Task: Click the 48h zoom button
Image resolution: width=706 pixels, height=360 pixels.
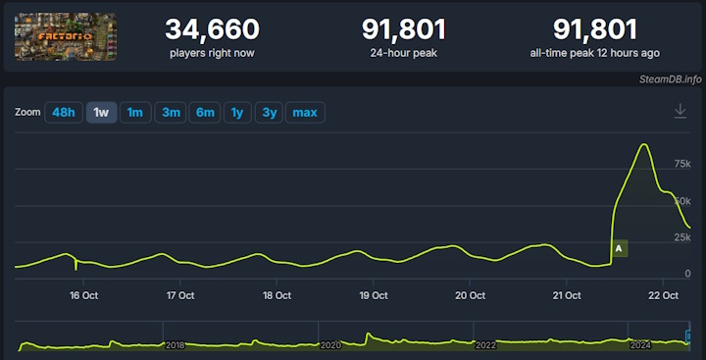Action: pyautogui.click(x=64, y=113)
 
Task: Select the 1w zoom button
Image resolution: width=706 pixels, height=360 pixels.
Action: pyautogui.click(x=101, y=113)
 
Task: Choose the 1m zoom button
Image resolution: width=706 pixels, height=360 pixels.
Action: pyautogui.click(x=135, y=113)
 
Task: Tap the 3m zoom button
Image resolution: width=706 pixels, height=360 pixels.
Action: pyautogui.click(x=172, y=113)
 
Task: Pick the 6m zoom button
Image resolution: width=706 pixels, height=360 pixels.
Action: pyautogui.click(x=205, y=113)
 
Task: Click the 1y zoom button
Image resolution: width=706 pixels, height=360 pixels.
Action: pyautogui.click(x=236, y=113)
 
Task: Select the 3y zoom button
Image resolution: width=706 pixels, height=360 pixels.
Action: pyautogui.click(x=268, y=113)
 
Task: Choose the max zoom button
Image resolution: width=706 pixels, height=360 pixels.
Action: pyautogui.click(x=305, y=113)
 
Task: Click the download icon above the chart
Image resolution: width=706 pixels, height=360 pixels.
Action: pyautogui.click(x=681, y=112)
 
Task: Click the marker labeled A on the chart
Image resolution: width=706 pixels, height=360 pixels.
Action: pyautogui.click(x=619, y=249)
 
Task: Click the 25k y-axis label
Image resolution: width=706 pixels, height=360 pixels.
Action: pyautogui.click(x=682, y=237)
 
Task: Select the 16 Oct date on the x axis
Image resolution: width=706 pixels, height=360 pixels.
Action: pyautogui.click(x=83, y=294)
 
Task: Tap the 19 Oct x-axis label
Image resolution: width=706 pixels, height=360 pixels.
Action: pyautogui.click(x=373, y=294)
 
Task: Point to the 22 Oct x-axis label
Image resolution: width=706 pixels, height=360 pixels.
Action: pyautogui.click(x=664, y=294)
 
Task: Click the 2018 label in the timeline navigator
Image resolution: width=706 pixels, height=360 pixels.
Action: pyautogui.click(x=176, y=345)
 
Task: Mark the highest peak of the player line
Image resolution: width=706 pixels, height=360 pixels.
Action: pyautogui.click(x=644, y=145)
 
